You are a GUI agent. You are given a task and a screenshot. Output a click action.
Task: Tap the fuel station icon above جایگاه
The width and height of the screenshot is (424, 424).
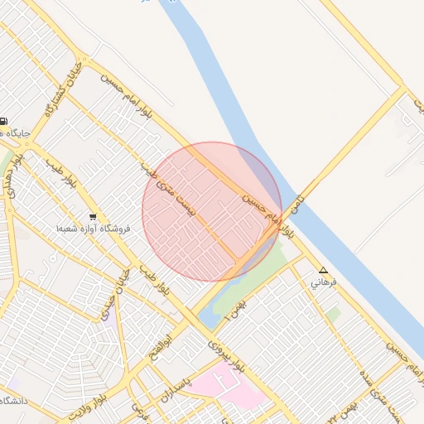coord(5,120)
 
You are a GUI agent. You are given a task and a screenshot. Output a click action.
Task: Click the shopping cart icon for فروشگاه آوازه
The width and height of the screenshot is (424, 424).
coord(92,217)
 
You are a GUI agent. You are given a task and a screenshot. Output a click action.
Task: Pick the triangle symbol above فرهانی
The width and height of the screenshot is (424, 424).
coord(323,271)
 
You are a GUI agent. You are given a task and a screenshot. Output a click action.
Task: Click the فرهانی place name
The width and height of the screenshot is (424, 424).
coord(323,282)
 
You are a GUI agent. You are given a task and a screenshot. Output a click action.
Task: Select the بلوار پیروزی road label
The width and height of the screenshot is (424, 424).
coord(226,354)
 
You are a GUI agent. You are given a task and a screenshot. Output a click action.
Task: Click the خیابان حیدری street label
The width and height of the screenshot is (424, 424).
coord(110,299)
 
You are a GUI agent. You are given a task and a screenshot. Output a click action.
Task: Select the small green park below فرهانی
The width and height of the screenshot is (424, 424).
coord(333,315)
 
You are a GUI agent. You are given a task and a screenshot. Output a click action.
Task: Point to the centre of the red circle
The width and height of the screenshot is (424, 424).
coord(212,212)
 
